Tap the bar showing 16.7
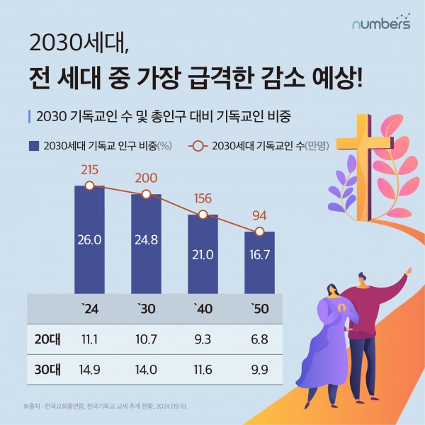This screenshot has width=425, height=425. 259,262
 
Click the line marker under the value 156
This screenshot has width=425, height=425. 203,214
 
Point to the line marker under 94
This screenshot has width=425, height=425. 259,232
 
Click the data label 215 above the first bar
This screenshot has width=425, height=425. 89,170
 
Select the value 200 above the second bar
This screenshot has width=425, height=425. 146,178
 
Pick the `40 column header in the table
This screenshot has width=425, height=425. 203,310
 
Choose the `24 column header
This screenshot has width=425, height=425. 89,310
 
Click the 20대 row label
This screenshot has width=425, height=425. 47,340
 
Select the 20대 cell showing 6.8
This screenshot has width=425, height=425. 259,340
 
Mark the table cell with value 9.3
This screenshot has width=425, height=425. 203,340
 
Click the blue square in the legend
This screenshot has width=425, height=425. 33,147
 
